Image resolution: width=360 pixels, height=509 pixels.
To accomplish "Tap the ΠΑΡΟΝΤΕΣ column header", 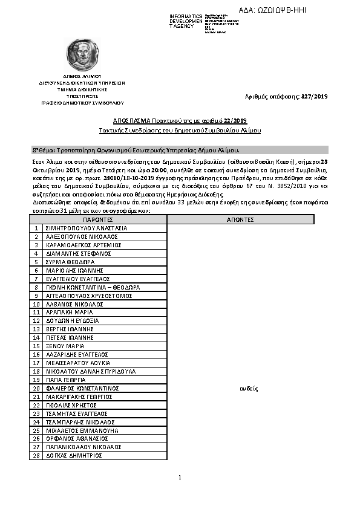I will pyautogui.click(x=98, y=219).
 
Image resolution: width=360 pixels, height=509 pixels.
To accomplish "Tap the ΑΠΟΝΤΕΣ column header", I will pyautogui.click(x=240, y=219).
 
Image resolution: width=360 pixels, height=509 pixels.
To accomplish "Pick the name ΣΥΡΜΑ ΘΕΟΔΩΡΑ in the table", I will pyautogui.click(x=71, y=262).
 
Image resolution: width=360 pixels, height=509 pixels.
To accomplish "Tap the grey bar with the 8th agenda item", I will pyautogui.click(x=180, y=149).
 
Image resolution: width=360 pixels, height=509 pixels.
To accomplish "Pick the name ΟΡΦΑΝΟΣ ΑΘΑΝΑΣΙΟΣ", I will pyautogui.click(x=76, y=438).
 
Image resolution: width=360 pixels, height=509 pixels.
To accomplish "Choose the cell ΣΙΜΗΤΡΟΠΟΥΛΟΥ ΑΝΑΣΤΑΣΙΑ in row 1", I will pyautogui.click(x=87, y=228).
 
